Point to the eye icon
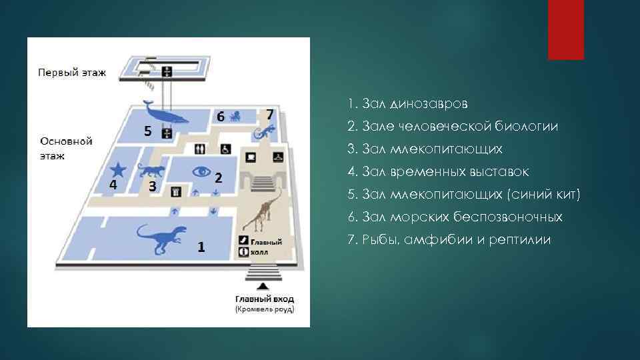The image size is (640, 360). pos(201,171)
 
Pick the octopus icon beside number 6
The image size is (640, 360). pos(236,116)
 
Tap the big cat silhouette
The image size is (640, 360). pos(151,171)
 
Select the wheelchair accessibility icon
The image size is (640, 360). pos(225,149)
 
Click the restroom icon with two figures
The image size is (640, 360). pos(199,149)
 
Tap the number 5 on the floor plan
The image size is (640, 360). pos(148,131)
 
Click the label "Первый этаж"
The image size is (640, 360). pos(71,72)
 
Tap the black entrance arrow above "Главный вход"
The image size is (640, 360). pos(265,286)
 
